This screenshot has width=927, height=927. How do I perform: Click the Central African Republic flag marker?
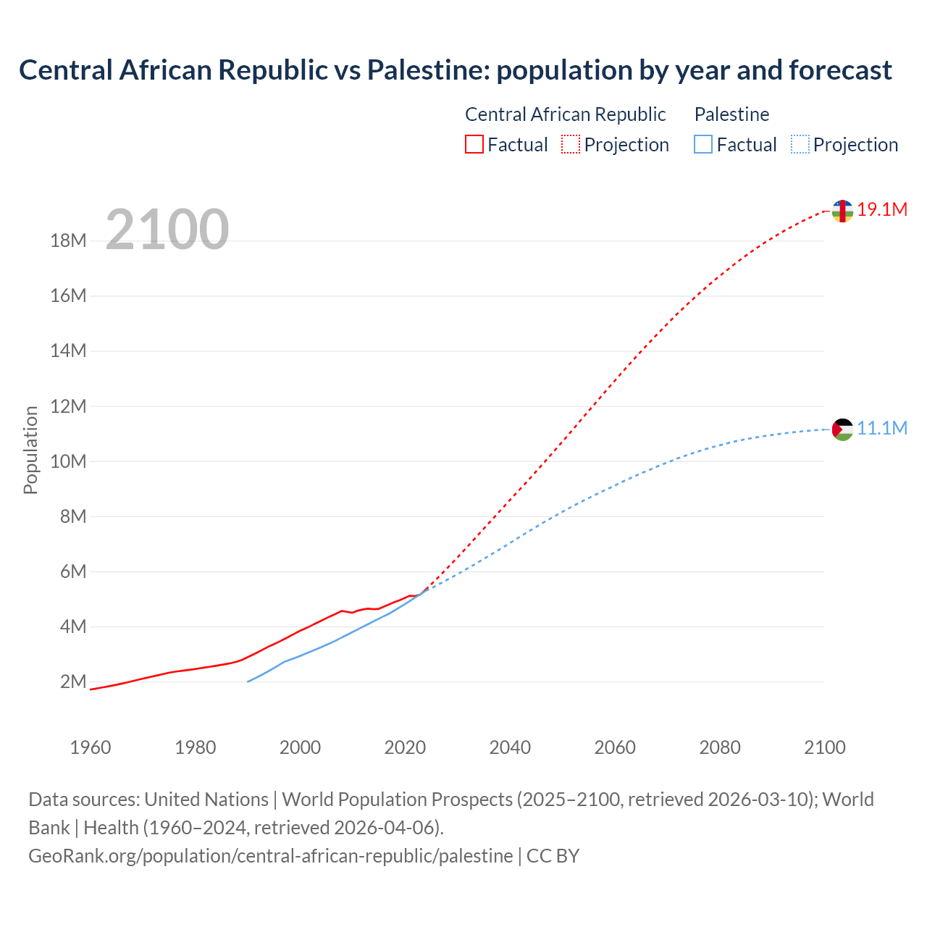coord(842,211)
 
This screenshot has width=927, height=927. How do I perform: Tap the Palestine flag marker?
coord(842,429)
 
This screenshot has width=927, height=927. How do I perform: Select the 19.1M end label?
coord(882,210)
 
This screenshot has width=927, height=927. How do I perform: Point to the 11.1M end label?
coord(882,429)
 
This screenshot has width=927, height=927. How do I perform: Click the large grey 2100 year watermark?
coord(167,230)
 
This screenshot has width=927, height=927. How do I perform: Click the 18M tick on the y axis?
coord(68,240)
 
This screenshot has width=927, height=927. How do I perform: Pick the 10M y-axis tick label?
coord(68,461)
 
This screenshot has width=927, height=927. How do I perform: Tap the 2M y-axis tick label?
coord(73,681)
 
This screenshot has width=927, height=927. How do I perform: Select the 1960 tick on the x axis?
coord(91,747)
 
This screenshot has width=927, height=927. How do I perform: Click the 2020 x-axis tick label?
coord(405,747)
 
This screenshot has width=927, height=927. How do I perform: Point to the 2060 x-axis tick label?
coord(615,747)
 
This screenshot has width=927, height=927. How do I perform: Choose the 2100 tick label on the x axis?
coord(824,747)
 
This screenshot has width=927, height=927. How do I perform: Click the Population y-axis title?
coord(30,450)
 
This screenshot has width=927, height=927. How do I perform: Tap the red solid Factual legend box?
coord(474,145)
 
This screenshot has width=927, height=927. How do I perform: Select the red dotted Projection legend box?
coord(571,145)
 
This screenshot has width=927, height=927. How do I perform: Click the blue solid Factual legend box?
coord(703,145)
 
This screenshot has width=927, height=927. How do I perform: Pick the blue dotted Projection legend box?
coord(800,145)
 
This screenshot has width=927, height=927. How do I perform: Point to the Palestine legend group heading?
coord(731,114)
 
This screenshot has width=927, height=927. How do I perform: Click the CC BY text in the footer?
coord(553,856)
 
